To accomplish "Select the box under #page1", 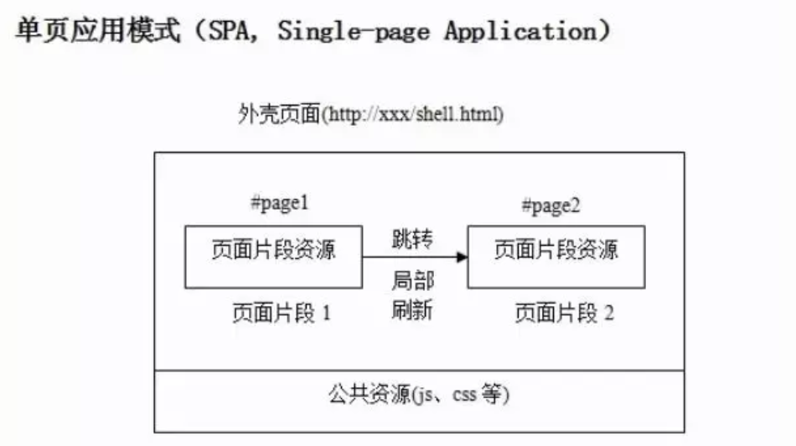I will [x=274, y=256].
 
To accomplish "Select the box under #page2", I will [x=556, y=256].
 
